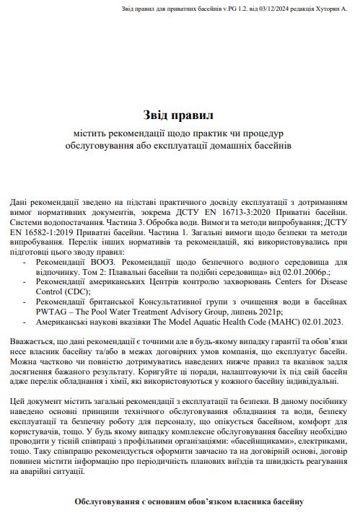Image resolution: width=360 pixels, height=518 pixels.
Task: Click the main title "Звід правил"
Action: [180, 115]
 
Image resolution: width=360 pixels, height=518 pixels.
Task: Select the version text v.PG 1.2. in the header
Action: [219, 9]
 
